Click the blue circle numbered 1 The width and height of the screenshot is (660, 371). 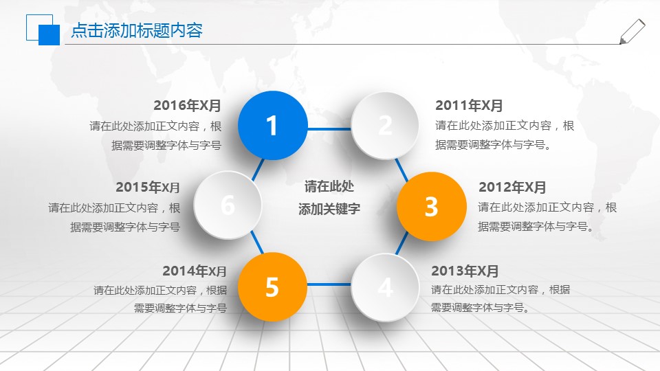272,126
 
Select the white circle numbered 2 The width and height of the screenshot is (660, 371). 385,125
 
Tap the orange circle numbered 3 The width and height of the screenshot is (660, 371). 431,206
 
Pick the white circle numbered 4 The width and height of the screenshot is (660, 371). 385,287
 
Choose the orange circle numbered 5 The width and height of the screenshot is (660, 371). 272,287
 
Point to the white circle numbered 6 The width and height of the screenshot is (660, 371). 228,205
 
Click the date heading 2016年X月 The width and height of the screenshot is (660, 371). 187,106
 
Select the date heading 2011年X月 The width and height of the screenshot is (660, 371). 469,106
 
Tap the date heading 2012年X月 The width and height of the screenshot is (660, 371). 512,188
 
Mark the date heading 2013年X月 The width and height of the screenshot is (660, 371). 465,271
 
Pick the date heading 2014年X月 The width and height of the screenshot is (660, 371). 195,271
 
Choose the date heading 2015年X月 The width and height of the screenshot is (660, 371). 148,188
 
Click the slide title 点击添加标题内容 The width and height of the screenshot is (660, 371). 137,31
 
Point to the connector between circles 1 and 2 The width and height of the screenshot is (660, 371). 329,128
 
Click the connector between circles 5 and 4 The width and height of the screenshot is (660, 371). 329,284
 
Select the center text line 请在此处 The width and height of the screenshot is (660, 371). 329,187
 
